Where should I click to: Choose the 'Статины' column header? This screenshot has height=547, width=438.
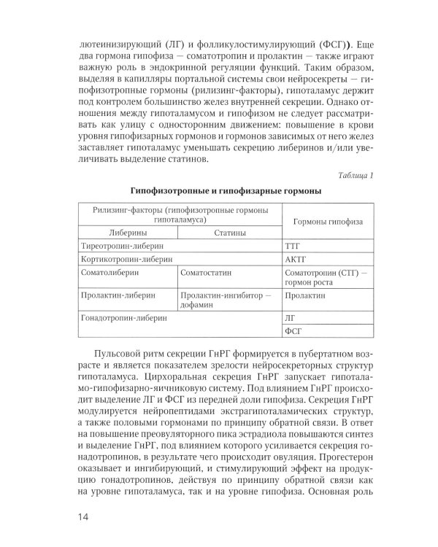click(x=229, y=233)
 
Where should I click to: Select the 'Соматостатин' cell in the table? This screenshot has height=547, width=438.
click(x=207, y=272)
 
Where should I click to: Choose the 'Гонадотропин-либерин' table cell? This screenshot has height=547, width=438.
click(x=126, y=318)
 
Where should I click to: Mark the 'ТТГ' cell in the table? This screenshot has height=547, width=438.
click(x=292, y=246)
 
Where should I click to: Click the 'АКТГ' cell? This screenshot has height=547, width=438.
click(x=294, y=259)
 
